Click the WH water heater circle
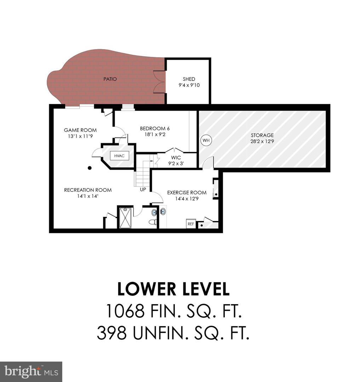click(206, 140)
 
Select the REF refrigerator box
click(190, 224)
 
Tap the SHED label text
click(189, 79)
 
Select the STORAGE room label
click(262, 135)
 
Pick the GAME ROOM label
click(80, 130)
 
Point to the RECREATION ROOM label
click(87, 190)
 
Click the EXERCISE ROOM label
click(187, 192)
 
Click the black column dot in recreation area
click(90, 168)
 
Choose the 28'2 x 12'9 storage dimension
click(262, 141)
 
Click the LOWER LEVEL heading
click(173, 289)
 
